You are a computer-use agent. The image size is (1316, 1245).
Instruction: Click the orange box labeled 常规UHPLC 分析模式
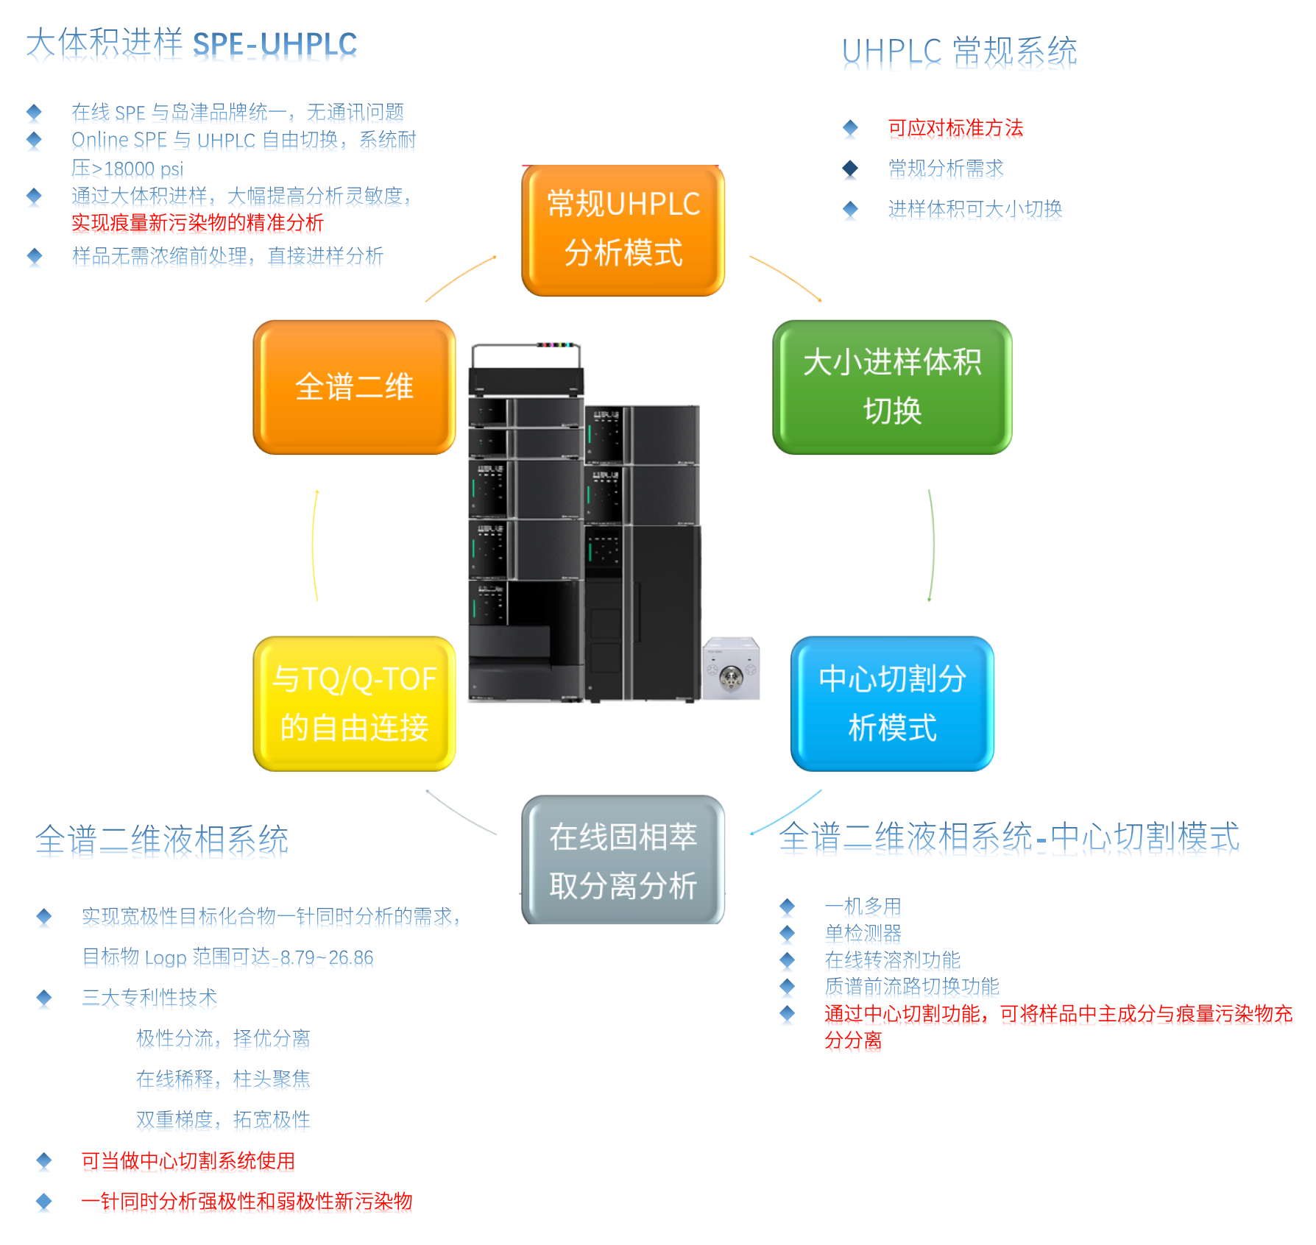tap(623, 230)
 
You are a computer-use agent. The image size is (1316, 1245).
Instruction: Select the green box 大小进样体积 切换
tap(892, 387)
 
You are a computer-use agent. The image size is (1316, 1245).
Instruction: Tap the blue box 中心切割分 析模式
tap(892, 703)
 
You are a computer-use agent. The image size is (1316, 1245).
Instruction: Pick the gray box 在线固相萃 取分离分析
tap(623, 859)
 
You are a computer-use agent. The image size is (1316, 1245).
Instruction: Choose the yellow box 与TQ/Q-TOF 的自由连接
tap(354, 703)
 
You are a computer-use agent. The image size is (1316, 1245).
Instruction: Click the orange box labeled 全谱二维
tap(354, 387)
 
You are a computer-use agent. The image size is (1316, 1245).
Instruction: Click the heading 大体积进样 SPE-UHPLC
tap(191, 43)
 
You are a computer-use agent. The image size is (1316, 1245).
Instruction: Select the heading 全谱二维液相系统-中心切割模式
tap(1009, 837)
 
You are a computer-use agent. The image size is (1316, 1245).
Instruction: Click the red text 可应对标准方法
tap(955, 128)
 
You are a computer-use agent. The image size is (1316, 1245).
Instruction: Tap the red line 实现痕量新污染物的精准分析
tap(197, 223)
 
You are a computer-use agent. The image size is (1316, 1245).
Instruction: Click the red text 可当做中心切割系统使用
tap(188, 1160)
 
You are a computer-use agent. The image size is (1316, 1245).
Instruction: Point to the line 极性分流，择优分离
tap(223, 1038)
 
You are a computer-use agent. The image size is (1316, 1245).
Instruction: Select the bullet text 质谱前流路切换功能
tap(912, 986)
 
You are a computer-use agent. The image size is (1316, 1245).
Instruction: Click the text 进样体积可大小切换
tap(975, 209)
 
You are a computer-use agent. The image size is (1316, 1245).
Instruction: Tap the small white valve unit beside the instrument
tap(730, 668)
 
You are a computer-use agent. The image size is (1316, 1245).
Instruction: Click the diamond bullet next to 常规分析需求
tap(850, 169)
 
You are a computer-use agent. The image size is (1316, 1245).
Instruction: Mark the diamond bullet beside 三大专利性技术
tap(44, 998)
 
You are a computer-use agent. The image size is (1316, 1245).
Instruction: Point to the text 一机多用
tap(863, 906)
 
